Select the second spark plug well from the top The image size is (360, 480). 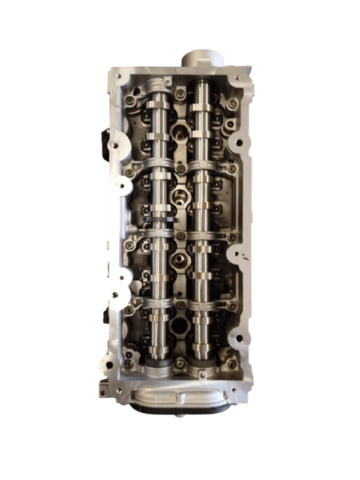(x=179, y=196)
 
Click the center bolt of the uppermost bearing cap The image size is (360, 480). (x=179, y=172)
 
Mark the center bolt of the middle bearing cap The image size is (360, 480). (x=179, y=237)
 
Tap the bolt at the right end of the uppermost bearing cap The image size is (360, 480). (x=231, y=171)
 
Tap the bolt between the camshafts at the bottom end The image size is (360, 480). (x=180, y=363)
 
